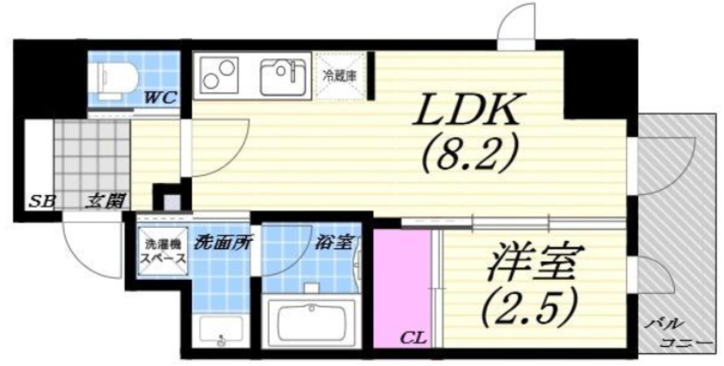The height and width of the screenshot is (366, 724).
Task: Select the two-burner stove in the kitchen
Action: click(x=220, y=75)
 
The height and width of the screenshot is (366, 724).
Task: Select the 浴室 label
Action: click(x=335, y=242)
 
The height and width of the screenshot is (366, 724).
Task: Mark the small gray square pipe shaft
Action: click(x=171, y=202)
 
